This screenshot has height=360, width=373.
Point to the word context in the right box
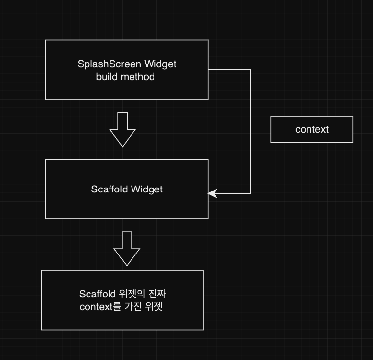tap(312, 129)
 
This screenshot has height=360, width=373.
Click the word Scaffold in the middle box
tap(110, 189)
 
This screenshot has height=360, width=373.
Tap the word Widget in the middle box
tap(147, 189)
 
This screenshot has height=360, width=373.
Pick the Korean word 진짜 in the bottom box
tap(162, 294)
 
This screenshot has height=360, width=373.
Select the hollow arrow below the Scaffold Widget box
tap(127, 248)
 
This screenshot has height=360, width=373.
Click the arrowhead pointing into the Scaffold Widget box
tap(212, 193)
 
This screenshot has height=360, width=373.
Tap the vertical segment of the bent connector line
tap(250, 132)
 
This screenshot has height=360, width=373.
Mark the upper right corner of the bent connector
tap(250, 70)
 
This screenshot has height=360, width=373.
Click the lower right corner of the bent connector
tap(250, 193)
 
